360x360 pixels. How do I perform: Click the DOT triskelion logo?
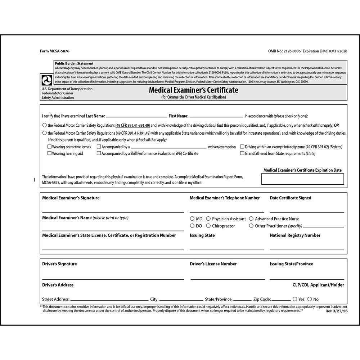tap(47, 80)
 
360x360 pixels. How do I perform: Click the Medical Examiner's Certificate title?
tap(193, 90)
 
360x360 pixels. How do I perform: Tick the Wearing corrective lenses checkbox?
tap(50, 147)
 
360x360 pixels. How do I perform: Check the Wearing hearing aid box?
tap(50, 153)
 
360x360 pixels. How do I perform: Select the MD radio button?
tap(192, 219)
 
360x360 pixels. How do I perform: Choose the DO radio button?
tap(192, 226)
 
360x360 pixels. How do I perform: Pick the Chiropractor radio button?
tap(208, 226)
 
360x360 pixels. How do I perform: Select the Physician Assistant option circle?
tap(208, 219)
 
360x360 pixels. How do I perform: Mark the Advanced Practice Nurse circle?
tap(251, 219)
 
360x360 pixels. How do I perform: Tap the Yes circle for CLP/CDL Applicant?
tap(295, 299)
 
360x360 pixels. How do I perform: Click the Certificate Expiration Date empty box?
tap(302, 179)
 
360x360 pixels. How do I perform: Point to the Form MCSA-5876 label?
tap(55, 51)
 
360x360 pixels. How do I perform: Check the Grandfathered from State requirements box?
tap(242, 153)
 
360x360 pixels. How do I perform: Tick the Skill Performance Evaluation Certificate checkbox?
tap(99, 153)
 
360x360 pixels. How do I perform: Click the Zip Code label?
tap(262, 299)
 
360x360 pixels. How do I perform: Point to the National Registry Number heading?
tap(295, 235)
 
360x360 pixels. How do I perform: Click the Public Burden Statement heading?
tap(74, 63)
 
